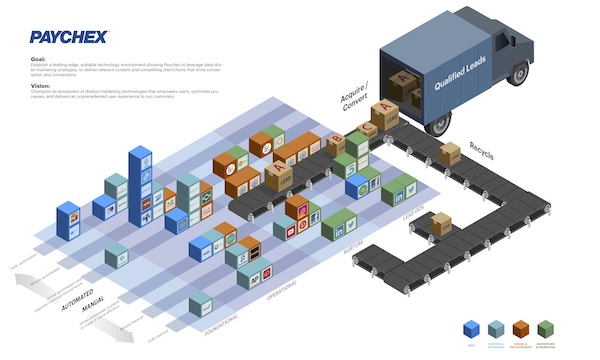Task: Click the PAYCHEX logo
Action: pyautogui.click(x=69, y=38)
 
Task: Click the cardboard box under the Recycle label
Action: pyautogui.click(x=450, y=153)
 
